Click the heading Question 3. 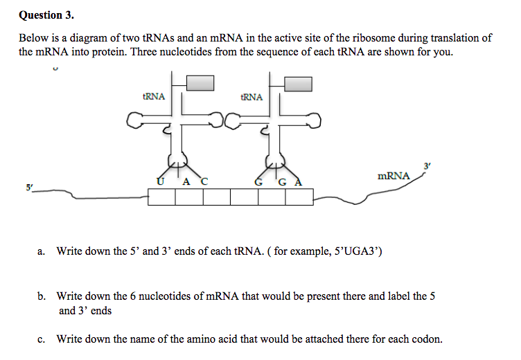[46, 14]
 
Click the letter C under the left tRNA [204, 182]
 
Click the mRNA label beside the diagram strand [394, 176]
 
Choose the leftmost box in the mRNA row [161, 197]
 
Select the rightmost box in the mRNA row [299, 197]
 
